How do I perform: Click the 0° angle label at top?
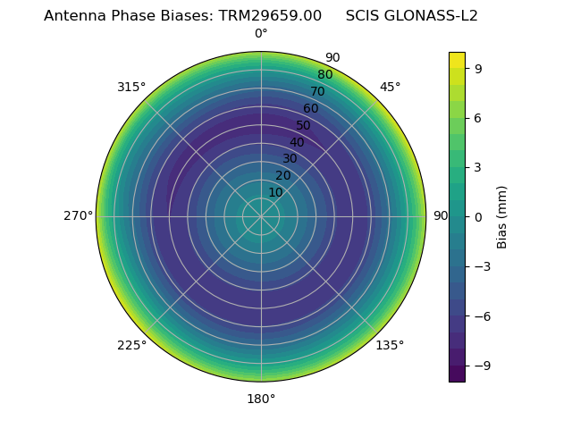[x=261, y=34]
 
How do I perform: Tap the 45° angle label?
[x=390, y=87]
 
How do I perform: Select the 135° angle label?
[x=390, y=345]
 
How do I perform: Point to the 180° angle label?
[x=261, y=399]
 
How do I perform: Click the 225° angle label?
[x=131, y=345]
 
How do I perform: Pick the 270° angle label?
[x=78, y=216]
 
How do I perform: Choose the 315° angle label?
[x=131, y=87]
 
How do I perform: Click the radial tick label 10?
[x=275, y=192]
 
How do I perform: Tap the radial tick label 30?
[x=290, y=159]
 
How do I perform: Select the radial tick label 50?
[x=304, y=125]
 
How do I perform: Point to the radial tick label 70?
[x=317, y=91]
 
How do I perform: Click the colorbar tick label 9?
[x=477, y=68]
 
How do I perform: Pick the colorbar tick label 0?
[x=477, y=216]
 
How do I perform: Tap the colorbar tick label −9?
[x=480, y=366]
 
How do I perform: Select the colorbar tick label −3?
[x=480, y=266]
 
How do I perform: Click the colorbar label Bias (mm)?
[x=502, y=216]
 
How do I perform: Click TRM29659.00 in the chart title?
[x=270, y=16]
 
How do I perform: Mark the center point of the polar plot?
[x=261, y=216]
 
